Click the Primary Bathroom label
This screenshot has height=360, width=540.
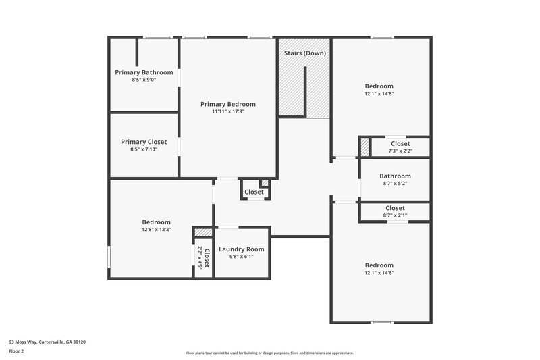point(144,72)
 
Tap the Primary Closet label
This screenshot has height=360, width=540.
point(144,142)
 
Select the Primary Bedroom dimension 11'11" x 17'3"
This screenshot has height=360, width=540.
point(228,111)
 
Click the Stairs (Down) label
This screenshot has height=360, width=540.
point(305,53)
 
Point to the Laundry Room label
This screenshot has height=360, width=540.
point(242,249)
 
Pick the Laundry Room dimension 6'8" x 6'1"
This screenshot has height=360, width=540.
point(242,257)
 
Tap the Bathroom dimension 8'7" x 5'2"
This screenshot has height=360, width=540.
point(395,183)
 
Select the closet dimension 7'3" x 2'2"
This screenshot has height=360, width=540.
point(400,151)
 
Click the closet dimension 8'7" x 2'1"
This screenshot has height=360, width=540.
point(395,215)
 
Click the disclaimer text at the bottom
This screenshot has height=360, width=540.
point(269,353)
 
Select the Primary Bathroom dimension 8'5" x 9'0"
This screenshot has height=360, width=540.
point(144,80)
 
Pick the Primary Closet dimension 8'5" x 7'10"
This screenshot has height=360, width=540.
point(144,149)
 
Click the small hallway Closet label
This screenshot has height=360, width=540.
point(254,192)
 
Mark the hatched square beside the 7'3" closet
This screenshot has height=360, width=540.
point(364,147)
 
